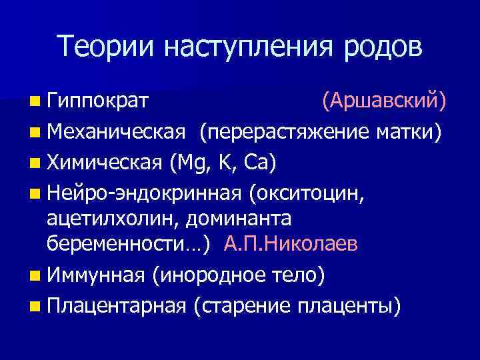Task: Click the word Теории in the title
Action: click(x=106, y=47)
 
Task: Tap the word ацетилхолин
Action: click(x=113, y=219)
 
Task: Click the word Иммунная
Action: click(x=97, y=275)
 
